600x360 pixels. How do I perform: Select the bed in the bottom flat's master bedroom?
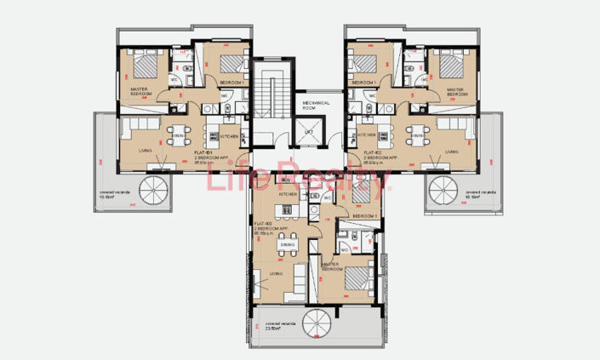[x=357, y=277]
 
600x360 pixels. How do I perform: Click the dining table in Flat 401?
[x=178, y=135]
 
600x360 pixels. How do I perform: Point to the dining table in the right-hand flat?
[x=419, y=135]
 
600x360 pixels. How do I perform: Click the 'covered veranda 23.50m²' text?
[x=285, y=328]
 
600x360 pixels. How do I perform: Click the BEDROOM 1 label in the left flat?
[x=232, y=82]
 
